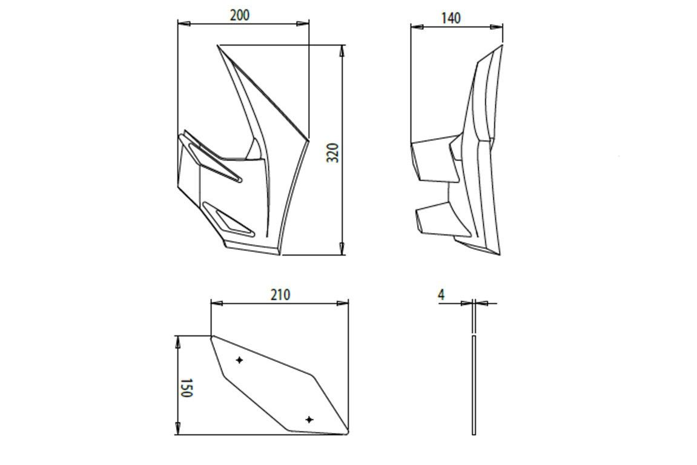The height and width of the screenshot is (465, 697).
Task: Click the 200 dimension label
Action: point(240,15)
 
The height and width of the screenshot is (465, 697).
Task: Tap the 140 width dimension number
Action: point(451,18)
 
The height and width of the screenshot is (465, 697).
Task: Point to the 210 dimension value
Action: point(280,295)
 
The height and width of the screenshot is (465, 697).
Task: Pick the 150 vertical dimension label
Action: point(186,388)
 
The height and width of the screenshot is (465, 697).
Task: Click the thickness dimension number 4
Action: point(441,295)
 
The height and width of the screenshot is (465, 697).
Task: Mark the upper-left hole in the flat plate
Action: point(240,360)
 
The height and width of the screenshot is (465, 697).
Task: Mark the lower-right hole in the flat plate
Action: point(309,420)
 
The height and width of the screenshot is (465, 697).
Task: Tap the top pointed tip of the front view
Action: point(219,46)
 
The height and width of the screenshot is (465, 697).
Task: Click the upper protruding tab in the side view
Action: point(431,160)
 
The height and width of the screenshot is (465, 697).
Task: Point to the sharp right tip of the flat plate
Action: point(347,432)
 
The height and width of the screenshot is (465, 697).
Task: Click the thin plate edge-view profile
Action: point(474,385)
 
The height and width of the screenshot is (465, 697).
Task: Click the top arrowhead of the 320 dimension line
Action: point(343,50)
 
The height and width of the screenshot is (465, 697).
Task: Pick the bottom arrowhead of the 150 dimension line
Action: point(178,429)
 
